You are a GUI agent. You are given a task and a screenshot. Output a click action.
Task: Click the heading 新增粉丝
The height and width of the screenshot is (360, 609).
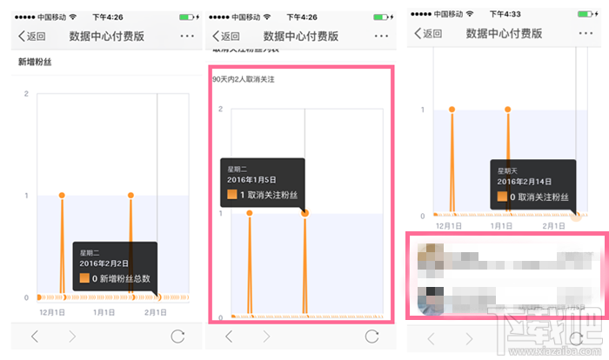click(35, 63)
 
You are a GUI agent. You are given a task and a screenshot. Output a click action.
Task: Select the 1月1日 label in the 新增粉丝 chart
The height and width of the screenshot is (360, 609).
click(104, 311)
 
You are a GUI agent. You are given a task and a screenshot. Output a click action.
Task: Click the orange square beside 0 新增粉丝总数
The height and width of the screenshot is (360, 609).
click(85, 279)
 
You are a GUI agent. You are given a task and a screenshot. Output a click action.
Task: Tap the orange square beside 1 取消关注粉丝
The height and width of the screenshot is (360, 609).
click(233, 197)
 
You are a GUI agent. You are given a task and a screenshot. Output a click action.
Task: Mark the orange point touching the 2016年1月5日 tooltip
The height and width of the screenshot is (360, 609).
click(305, 213)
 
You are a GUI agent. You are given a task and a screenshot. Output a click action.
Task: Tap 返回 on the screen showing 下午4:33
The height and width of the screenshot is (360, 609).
click(428, 34)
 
